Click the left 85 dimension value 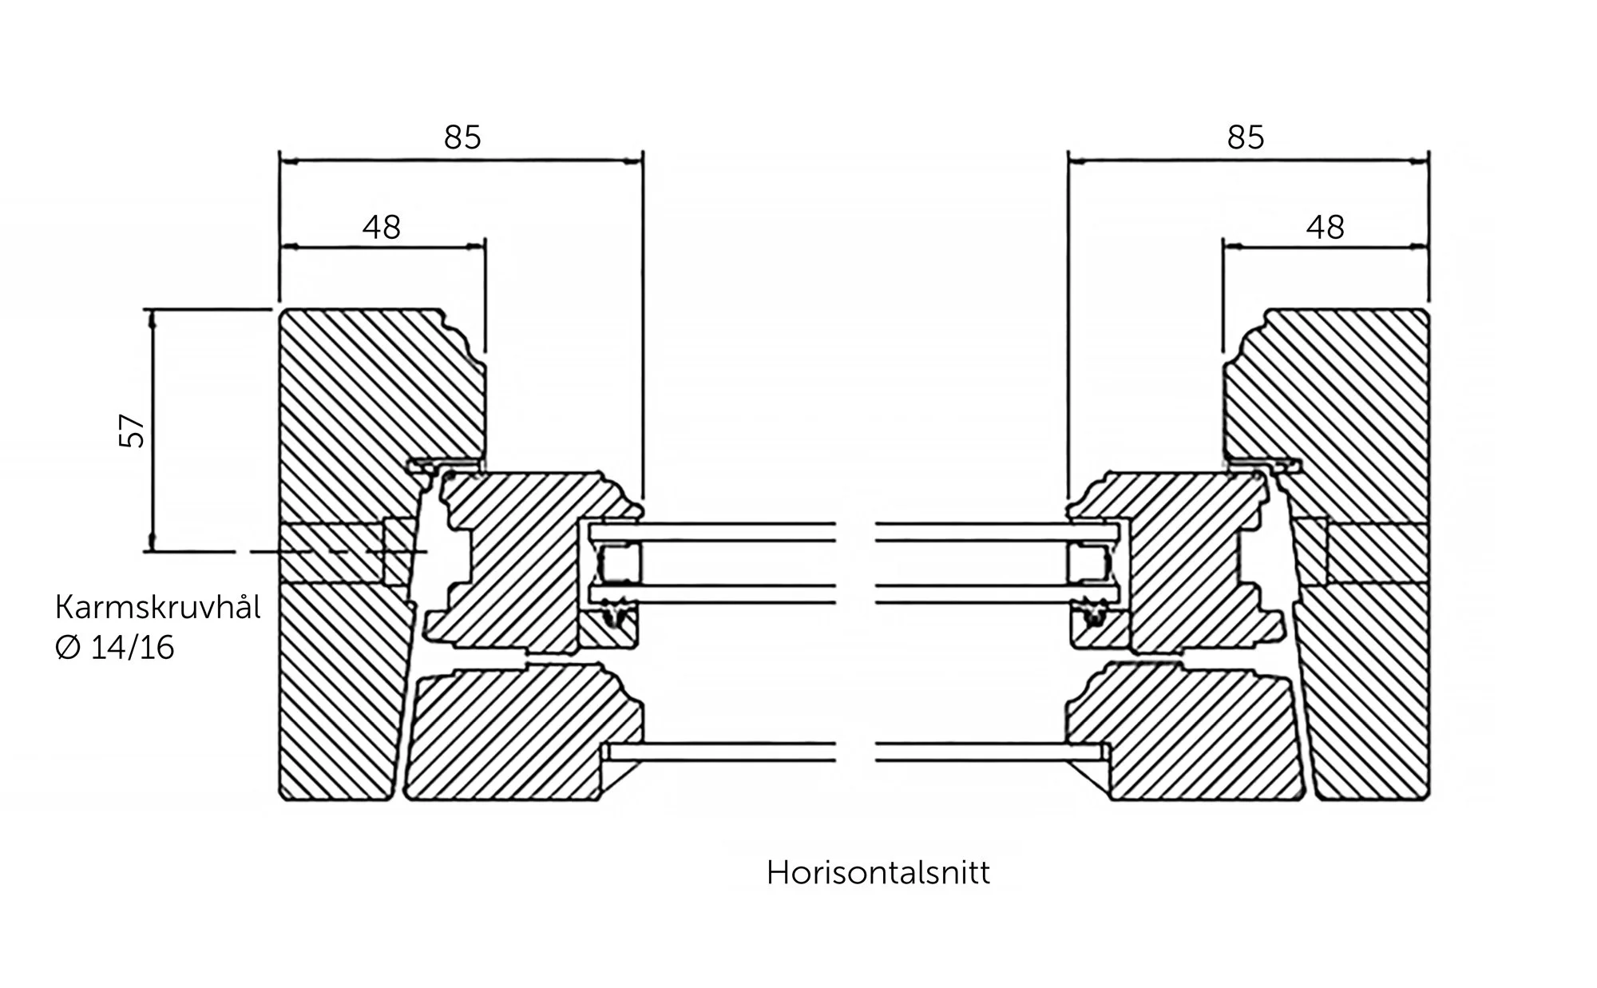click(x=462, y=138)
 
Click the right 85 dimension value click(x=1246, y=138)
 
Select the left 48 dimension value click(x=381, y=228)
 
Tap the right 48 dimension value click(x=1325, y=228)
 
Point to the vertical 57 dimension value click(x=133, y=431)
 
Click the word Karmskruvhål click(x=157, y=609)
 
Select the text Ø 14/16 click(x=115, y=648)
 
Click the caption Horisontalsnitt click(x=878, y=873)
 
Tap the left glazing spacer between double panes click(x=620, y=562)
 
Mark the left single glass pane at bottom click(x=719, y=752)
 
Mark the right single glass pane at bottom click(x=990, y=752)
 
